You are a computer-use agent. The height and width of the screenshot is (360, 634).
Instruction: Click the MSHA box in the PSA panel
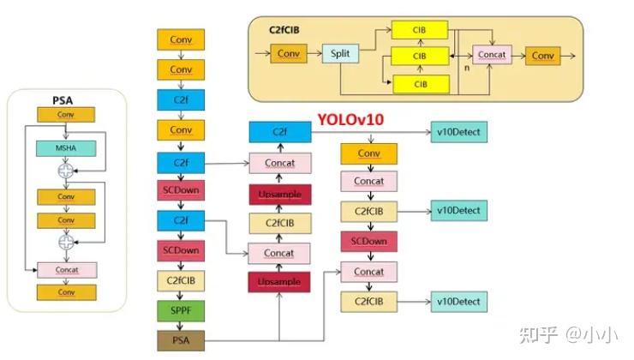tap(65, 148)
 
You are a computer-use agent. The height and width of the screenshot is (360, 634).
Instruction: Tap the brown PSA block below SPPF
tap(181, 340)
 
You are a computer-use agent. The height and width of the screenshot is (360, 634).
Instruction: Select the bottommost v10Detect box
tap(458, 301)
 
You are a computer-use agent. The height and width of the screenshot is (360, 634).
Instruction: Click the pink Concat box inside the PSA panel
tap(66, 269)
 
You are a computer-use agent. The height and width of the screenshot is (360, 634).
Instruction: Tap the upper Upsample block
tap(279, 195)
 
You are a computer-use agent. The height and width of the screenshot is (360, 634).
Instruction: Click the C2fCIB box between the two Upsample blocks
tap(279, 224)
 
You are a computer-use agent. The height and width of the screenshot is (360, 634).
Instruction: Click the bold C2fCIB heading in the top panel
tap(284, 29)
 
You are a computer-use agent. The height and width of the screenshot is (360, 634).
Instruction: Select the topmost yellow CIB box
tap(420, 31)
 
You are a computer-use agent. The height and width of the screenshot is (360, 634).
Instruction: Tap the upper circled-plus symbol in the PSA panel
tap(65, 171)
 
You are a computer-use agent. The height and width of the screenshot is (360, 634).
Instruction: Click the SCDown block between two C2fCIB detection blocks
tap(368, 241)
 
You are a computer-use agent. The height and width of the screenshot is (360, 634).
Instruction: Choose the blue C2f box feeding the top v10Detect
tap(279, 133)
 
